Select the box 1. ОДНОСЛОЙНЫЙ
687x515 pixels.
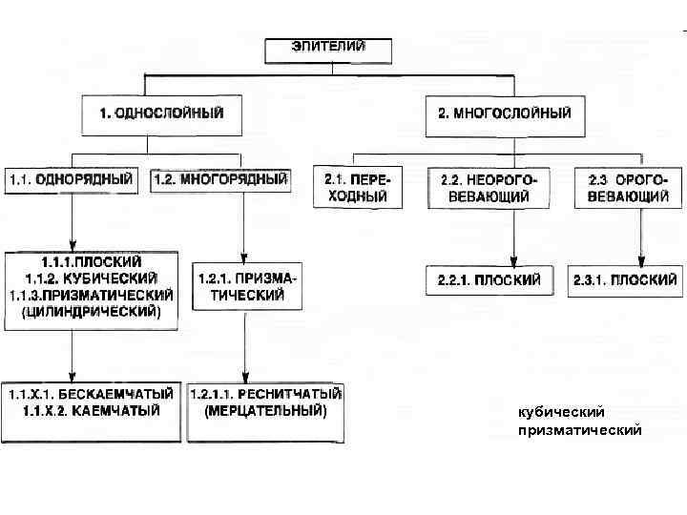click(162, 113)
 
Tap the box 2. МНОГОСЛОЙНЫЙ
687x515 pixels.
click(505, 113)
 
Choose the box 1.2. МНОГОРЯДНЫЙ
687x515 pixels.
click(220, 178)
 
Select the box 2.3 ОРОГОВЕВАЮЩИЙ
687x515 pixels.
click(628, 188)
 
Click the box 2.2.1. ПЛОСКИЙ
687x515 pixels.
click(489, 280)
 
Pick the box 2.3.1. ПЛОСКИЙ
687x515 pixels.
click(626, 280)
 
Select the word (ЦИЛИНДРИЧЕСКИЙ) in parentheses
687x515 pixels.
click(93, 311)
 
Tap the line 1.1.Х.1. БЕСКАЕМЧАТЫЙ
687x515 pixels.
click(93, 394)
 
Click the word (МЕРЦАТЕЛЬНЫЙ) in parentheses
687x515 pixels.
click(266, 411)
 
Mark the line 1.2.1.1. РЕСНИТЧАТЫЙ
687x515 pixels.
click(266, 394)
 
